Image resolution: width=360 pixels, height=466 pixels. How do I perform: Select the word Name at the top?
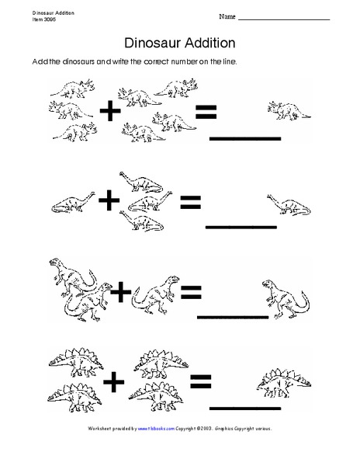227,16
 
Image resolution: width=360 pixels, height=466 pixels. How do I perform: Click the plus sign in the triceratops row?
112,113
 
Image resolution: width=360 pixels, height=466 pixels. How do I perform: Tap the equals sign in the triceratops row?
205,113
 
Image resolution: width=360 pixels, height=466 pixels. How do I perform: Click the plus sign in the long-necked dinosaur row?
109,202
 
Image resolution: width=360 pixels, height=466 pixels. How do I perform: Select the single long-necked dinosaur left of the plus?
74,203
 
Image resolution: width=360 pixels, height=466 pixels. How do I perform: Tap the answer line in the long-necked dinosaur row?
241,227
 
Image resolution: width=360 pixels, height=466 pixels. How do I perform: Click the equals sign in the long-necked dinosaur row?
190,203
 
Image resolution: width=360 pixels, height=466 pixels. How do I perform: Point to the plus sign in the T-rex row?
121,293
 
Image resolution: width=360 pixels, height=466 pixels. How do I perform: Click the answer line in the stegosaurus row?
245,406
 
